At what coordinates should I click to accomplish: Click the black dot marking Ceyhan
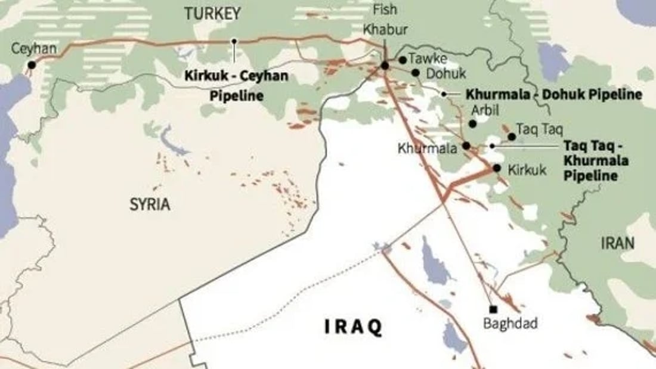pos(32,65)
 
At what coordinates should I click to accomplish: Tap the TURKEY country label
pos(212,13)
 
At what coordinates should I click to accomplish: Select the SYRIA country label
pos(150,204)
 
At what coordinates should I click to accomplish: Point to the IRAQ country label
pos(353,327)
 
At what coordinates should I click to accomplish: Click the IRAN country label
pos(618,243)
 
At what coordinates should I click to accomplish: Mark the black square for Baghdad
pos(493,309)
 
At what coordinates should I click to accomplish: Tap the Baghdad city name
pos(510,324)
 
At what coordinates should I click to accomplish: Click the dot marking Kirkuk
pos(497,168)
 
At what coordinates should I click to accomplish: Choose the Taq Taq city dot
pos(512,137)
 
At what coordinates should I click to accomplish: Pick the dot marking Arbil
pos(472,124)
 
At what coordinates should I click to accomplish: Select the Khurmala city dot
pos(466,145)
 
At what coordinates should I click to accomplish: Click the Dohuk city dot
pos(415,73)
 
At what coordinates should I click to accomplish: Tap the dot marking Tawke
pos(403,60)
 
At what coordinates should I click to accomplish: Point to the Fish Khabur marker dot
pos(385,65)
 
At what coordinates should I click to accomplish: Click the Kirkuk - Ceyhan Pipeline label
pos(237,85)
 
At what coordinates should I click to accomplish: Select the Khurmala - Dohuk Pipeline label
pos(553,94)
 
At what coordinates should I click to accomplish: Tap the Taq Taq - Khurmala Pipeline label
pos(596,160)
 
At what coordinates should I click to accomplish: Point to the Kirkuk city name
pos(527,170)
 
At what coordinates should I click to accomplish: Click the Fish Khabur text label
pos(384,19)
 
